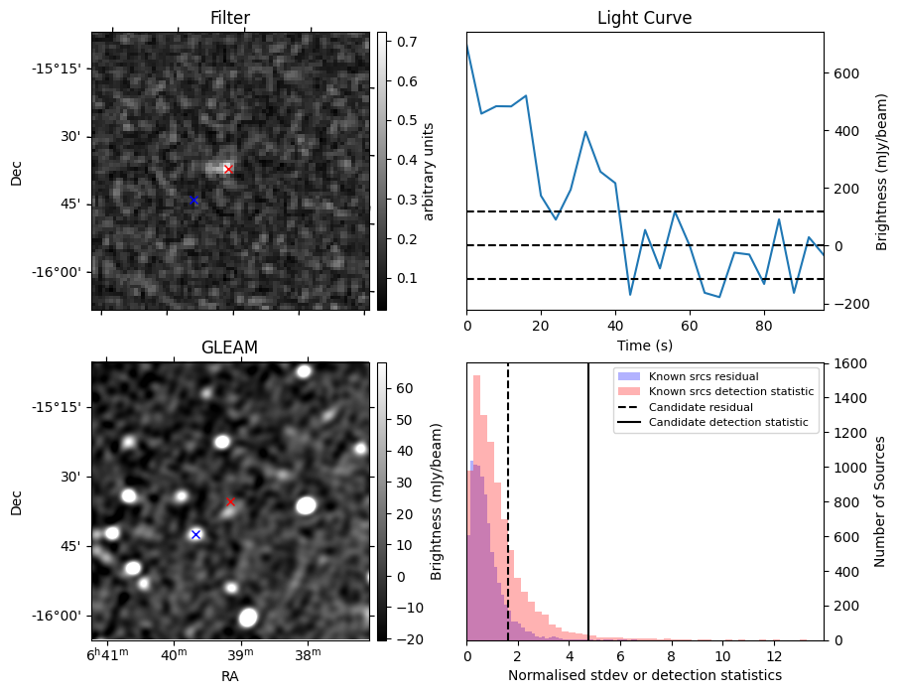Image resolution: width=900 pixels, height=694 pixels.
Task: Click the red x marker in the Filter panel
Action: tap(228, 169)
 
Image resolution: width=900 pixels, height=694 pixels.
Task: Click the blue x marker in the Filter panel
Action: tap(193, 201)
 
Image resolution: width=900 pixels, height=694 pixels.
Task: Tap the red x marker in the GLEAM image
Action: tap(230, 502)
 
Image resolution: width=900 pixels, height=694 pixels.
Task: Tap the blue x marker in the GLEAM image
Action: tap(195, 534)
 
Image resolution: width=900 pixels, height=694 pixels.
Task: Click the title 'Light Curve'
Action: tap(644, 19)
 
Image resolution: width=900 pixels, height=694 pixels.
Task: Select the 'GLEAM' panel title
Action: tap(229, 347)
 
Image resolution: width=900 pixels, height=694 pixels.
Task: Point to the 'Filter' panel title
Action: tap(229, 19)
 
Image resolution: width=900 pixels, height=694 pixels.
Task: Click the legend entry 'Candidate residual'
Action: tap(700, 408)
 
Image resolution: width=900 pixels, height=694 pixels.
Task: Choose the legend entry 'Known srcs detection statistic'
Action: tap(731, 392)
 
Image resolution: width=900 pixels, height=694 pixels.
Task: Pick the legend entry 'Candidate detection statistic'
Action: tap(727, 424)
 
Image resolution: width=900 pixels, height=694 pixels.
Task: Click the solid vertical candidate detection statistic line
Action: tap(588, 516)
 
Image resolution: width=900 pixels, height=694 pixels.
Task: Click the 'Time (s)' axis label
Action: tap(644, 345)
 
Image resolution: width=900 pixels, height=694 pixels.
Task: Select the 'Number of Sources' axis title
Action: tap(879, 501)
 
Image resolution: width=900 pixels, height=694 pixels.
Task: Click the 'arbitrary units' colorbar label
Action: tap(429, 171)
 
